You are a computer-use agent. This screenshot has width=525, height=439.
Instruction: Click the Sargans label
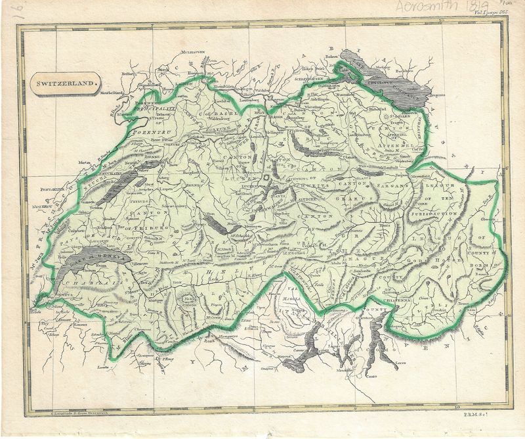pos(394,187)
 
